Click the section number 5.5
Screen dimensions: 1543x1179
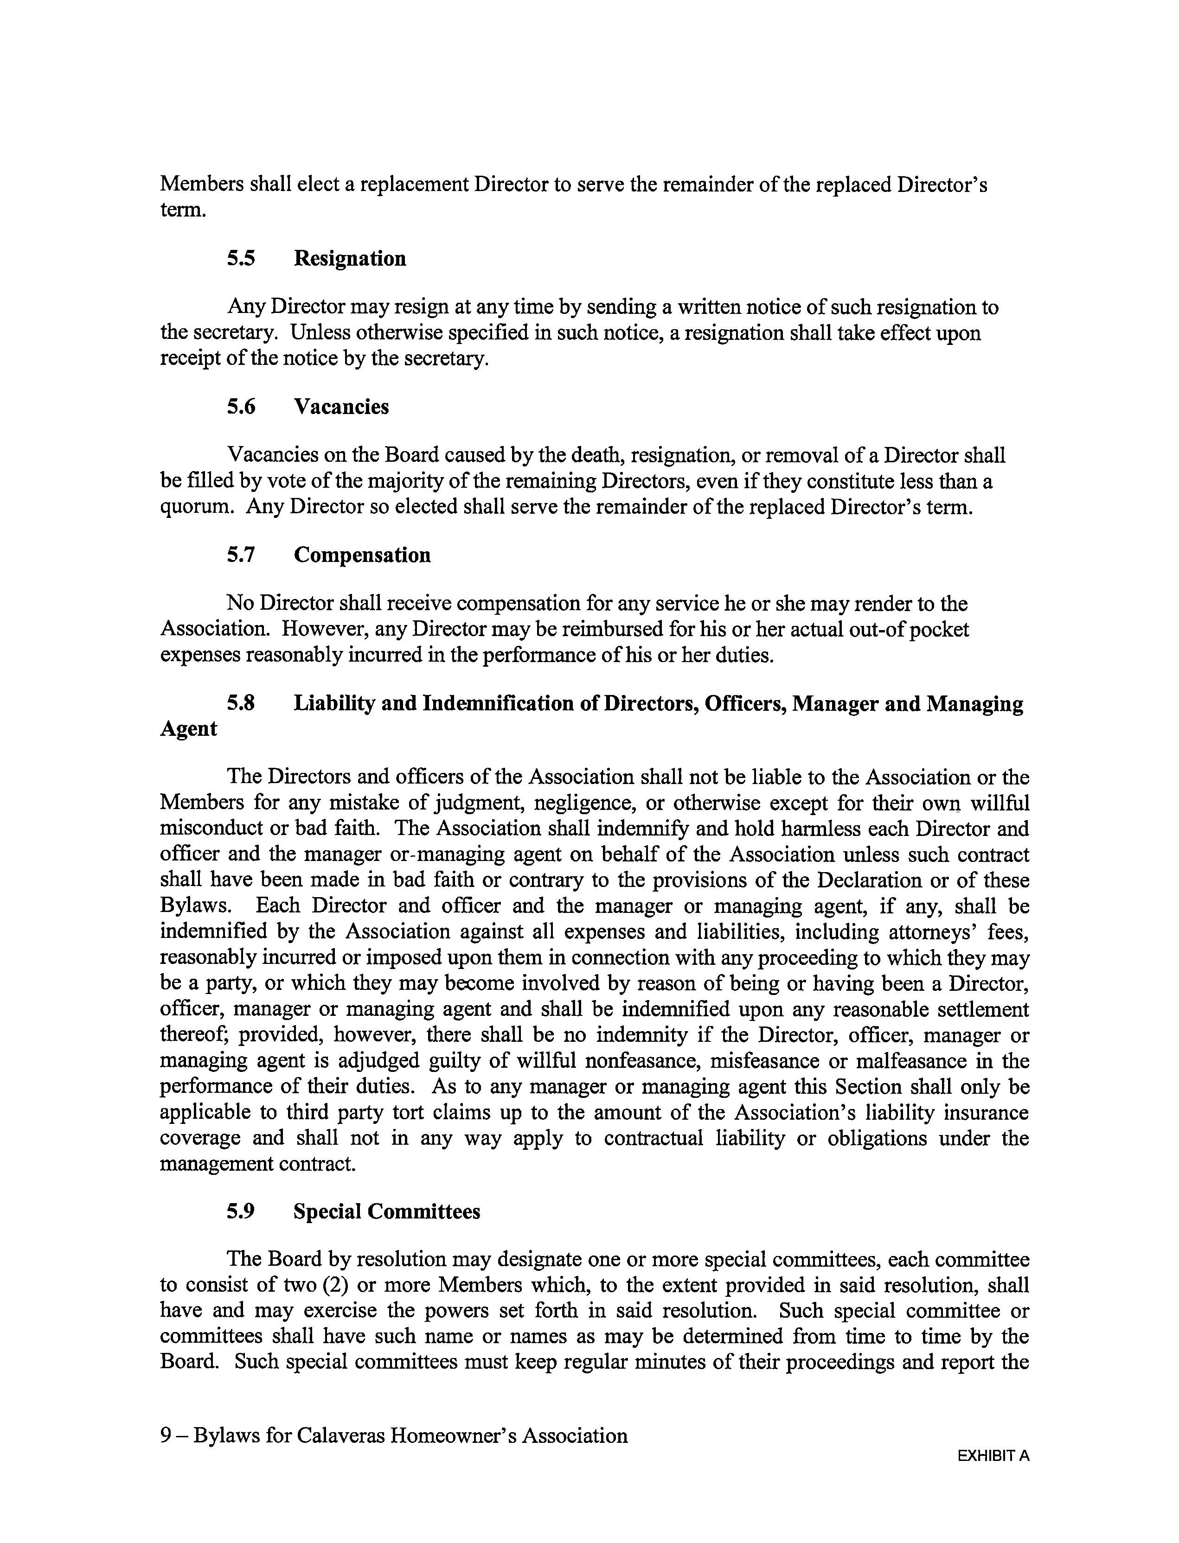pos(241,259)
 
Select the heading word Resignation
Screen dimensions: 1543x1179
pos(350,259)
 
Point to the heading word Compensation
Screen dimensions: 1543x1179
pos(362,555)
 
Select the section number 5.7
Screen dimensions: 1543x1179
pos(241,555)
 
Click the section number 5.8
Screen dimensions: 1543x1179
pos(241,703)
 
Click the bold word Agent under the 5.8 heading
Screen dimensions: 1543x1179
pos(189,729)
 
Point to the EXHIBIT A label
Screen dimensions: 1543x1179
pos(993,1456)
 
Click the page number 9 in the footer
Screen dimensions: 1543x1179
pos(166,1436)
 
